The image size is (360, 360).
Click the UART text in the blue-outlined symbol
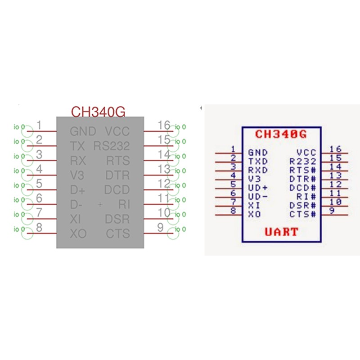pos(281,232)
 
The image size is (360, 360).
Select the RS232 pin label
pos(112,146)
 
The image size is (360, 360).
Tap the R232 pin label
pos(303,161)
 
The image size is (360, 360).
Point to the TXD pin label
pos(258,161)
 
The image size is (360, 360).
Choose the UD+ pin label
pos(258,188)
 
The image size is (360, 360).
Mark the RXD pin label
pos(258,170)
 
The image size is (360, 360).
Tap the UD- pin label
pos(258,197)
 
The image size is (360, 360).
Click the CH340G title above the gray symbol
pos(98,112)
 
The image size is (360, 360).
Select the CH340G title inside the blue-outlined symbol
pos(281,134)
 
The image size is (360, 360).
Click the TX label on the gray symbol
pos(77,146)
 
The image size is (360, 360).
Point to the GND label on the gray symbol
pos(83,131)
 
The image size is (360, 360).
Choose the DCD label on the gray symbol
pos(117,190)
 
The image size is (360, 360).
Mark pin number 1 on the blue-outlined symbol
pos(233,149)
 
